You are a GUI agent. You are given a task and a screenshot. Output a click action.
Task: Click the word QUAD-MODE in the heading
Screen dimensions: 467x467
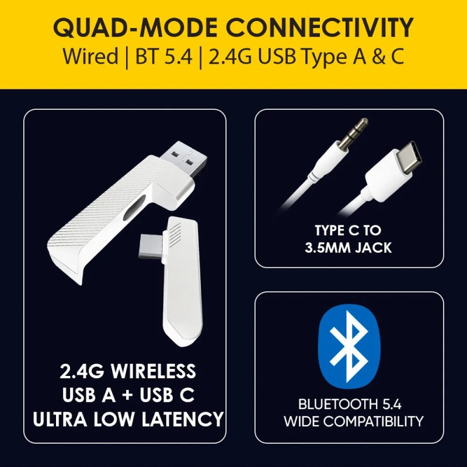[x=135, y=27]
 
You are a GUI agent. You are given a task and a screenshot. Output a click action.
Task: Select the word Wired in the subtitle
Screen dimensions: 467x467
[x=90, y=56]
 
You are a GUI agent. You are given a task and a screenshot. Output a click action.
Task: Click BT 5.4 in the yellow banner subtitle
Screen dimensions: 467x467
[x=163, y=56]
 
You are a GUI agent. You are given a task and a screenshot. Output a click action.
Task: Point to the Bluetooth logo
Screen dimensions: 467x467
[x=349, y=347]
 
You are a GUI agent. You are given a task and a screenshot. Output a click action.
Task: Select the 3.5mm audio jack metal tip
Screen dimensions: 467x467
[x=354, y=132]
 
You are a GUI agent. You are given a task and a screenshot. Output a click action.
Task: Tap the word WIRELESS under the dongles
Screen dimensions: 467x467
[x=154, y=371]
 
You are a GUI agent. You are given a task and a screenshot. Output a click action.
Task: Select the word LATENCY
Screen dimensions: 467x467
[x=183, y=419]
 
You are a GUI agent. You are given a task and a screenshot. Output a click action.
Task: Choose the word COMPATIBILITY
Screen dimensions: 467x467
[x=373, y=421]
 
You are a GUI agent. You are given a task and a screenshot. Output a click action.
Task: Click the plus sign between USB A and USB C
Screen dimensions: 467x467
[x=127, y=395]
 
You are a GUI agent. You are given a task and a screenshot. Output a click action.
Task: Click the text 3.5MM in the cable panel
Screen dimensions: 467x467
[x=327, y=248]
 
